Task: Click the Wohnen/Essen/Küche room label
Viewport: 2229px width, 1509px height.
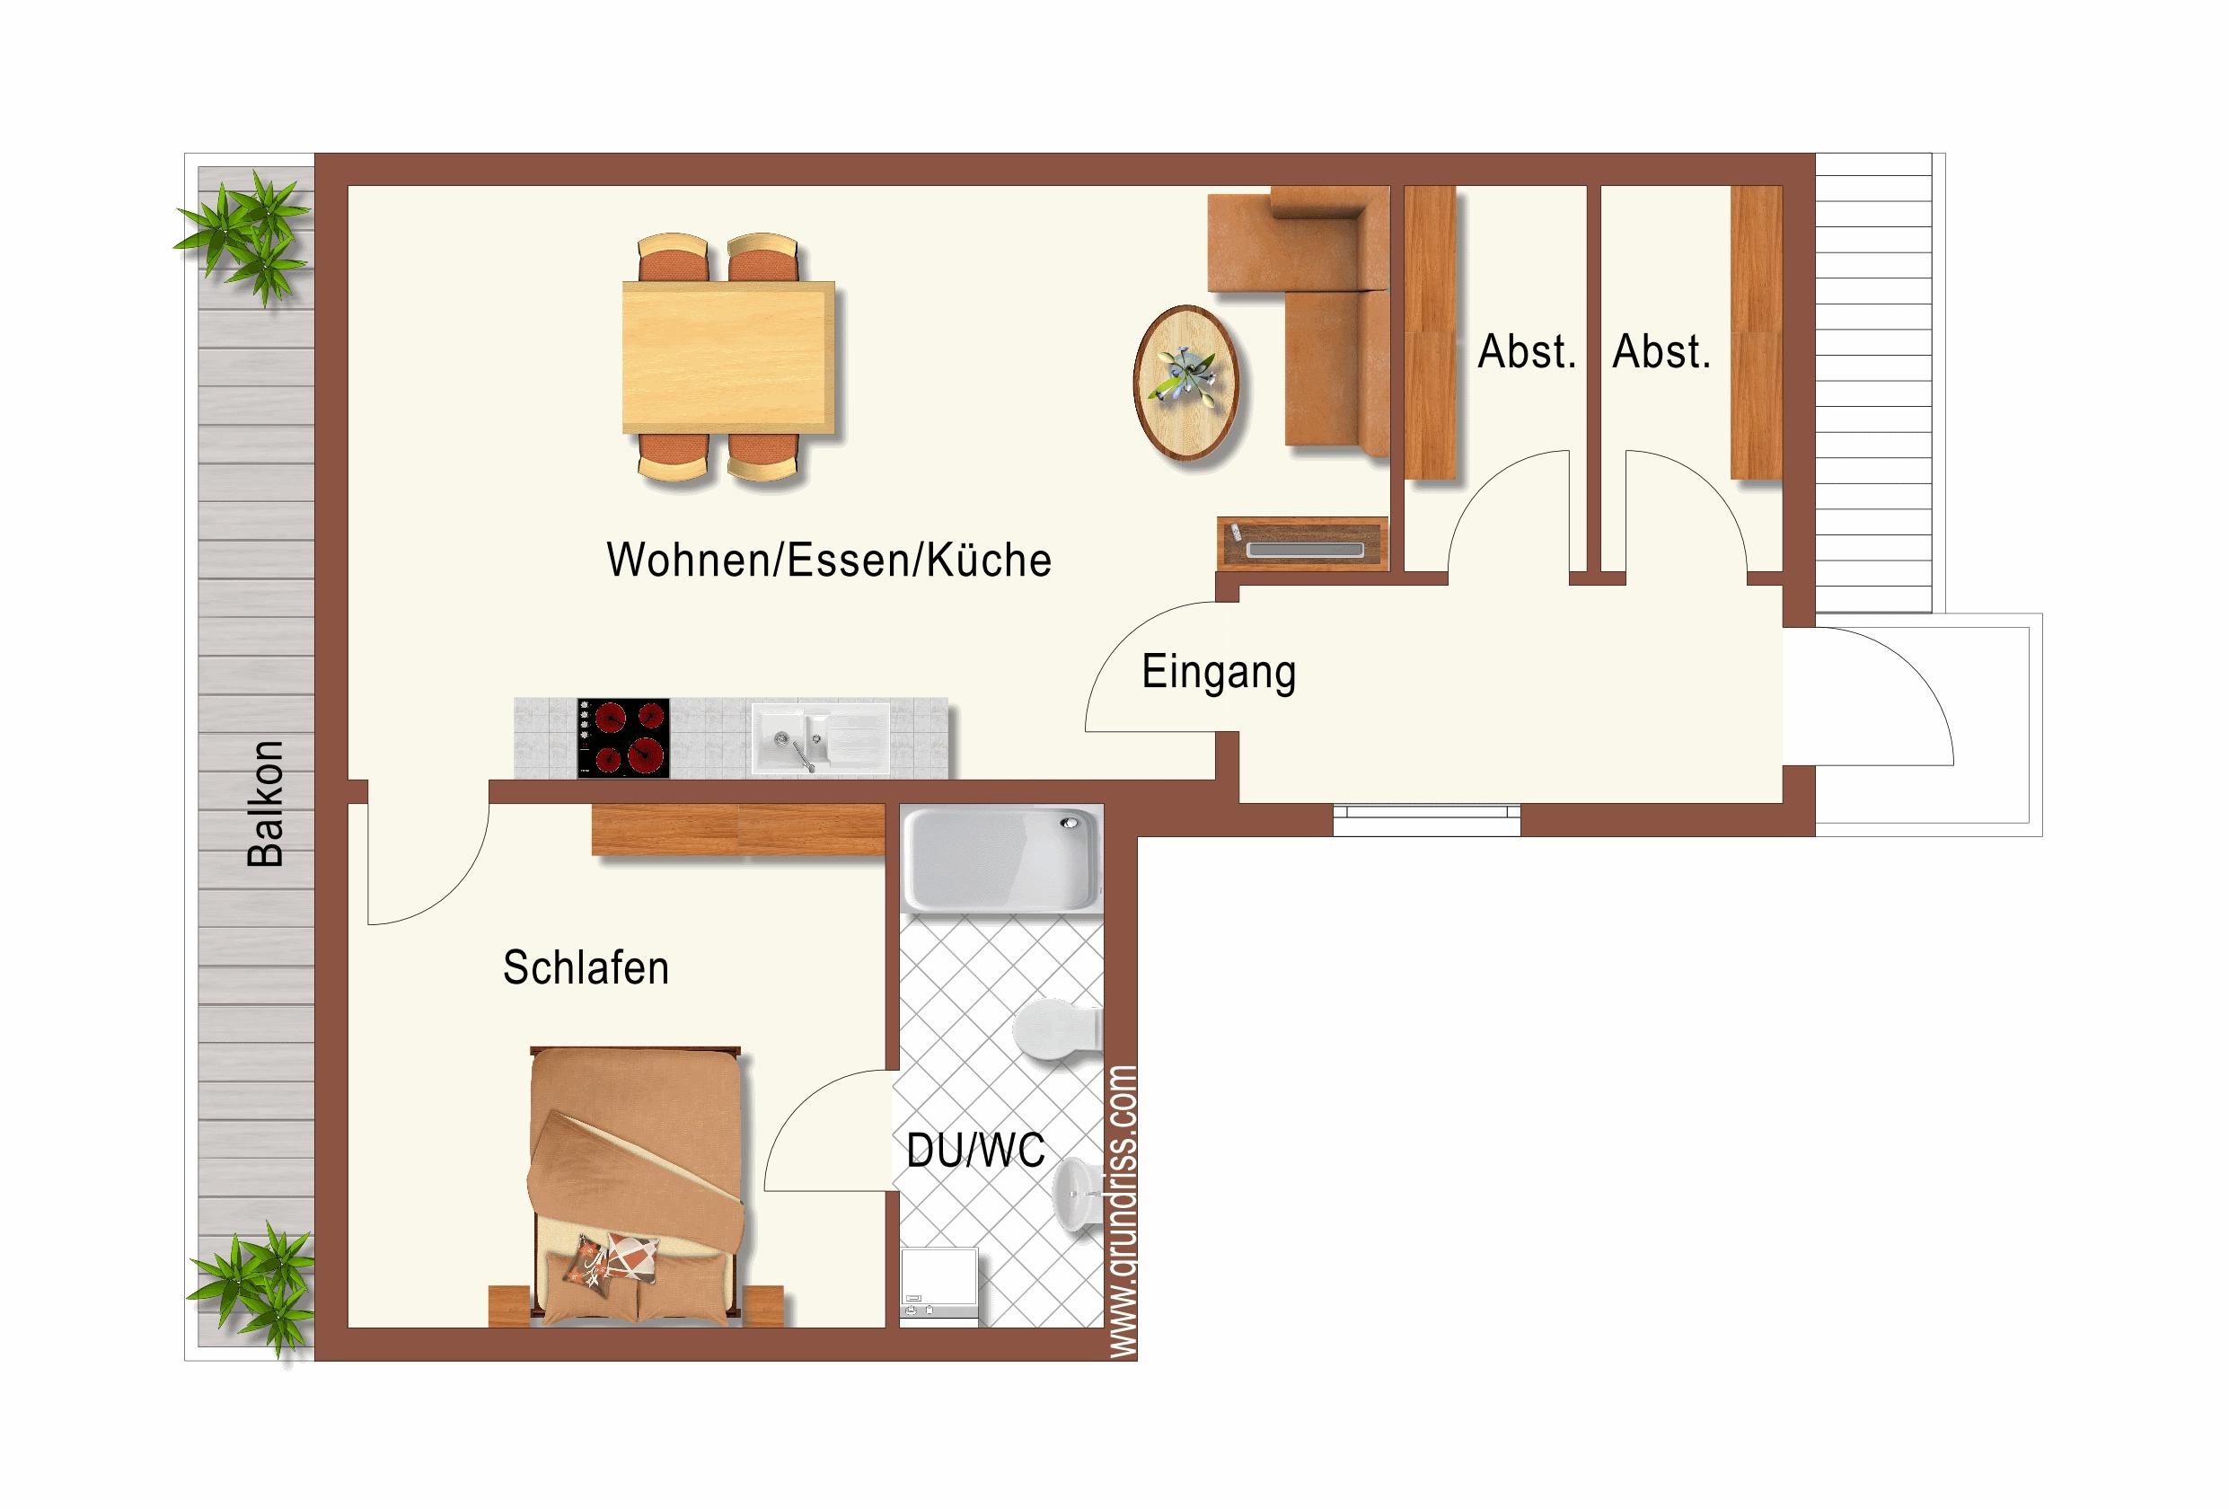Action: pyautogui.click(x=829, y=560)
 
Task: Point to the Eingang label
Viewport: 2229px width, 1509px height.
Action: pyautogui.click(x=1218, y=673)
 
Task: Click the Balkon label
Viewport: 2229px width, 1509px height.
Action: pyautogui.click(x=266, y=803)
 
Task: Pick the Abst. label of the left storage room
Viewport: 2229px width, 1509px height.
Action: pyautogui.click(x=1527, y=352)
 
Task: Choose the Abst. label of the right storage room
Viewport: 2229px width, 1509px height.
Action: pyautogui.click(x=1661, y=352)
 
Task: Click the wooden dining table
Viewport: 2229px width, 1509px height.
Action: pyautogui.click(x=729, y=357)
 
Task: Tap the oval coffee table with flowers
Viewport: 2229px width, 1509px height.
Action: pyautogui.click(x=1185, y=383)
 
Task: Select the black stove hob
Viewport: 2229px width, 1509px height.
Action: pyautogui.click(x=623, y=737)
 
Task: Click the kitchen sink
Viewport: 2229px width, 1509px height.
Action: pyautogui.click(x=821, y=739)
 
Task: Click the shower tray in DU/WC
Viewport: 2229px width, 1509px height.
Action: pyautogui.click(x=1002, y=859)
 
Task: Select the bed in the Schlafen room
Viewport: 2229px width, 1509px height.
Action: pyautogui.click(x=635, y=1186)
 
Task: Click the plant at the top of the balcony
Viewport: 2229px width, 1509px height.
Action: pyautogui.click(x=243, y=236)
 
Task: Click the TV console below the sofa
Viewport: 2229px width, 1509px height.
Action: pyautogui.click(x=1302, y=544)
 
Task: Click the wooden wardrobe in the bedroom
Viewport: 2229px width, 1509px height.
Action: pyautogui.click(x=737, y=830)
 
